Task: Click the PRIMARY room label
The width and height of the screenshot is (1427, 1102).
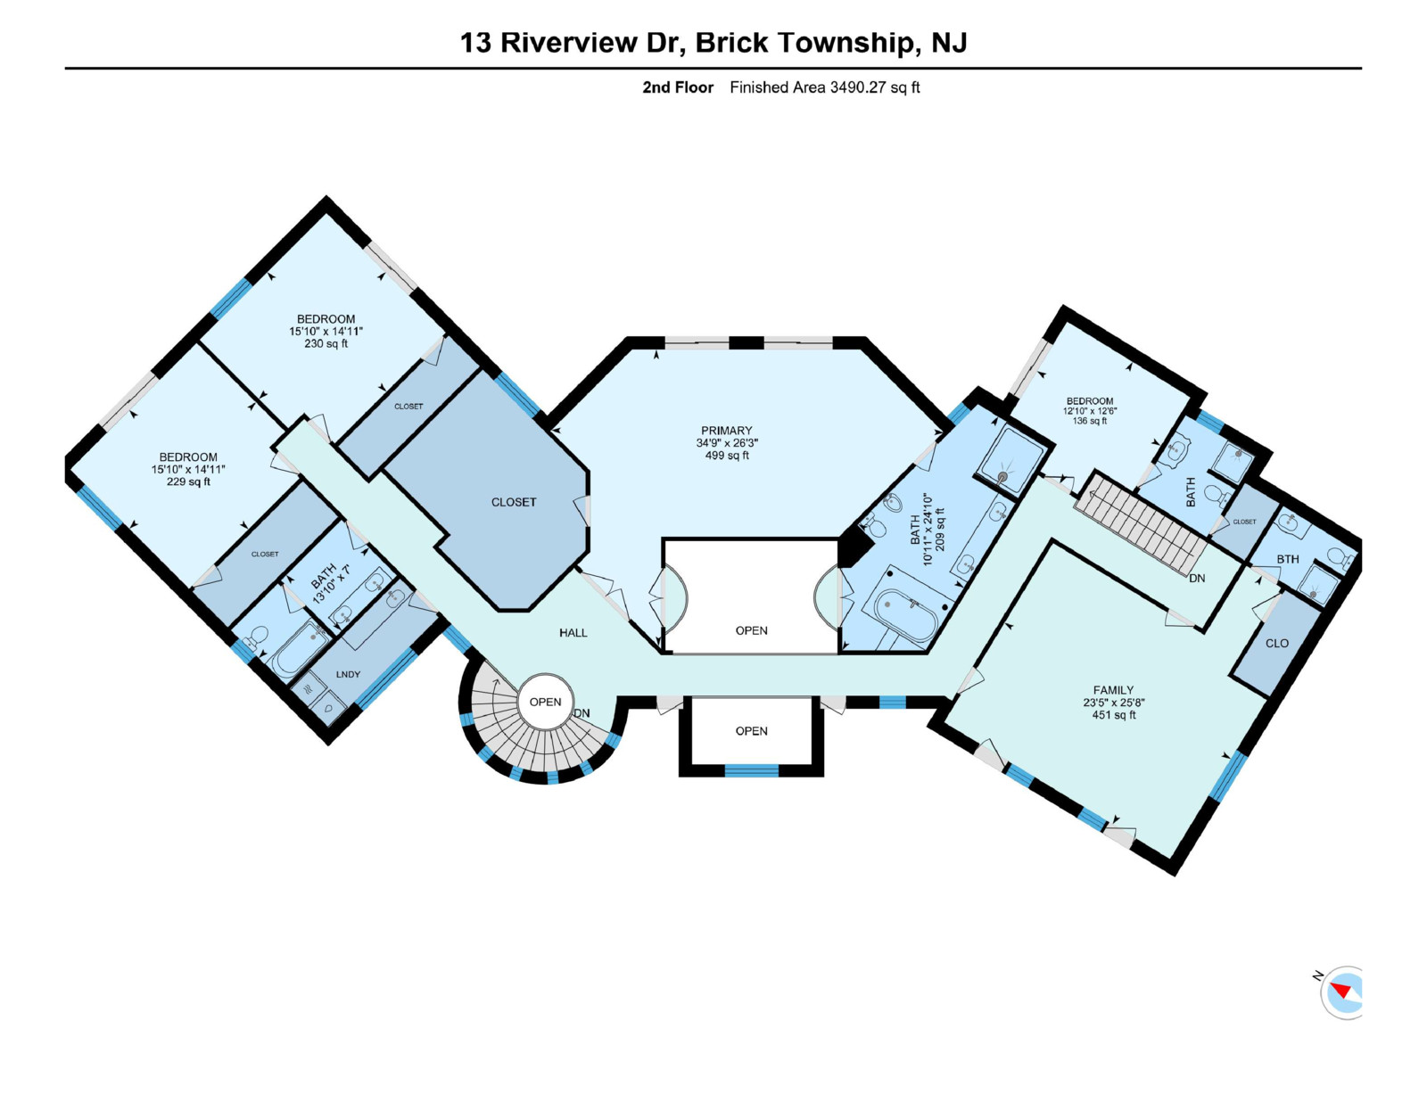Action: (726, 431)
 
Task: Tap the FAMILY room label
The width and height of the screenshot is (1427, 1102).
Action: (1113, 690)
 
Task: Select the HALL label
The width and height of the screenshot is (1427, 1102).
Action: (573, 633)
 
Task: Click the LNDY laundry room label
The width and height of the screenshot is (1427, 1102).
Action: (348, 675)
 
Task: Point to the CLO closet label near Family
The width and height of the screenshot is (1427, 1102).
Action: (1276, 643)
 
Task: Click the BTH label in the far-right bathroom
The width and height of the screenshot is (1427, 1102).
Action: (1287, 560)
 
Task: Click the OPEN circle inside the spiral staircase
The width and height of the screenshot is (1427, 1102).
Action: (545, 702)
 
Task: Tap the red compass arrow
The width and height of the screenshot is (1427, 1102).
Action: (1340, 991)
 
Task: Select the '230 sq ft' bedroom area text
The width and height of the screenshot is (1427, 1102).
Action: (326, 343)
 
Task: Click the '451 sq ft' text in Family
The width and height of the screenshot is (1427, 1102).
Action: (1113, 715)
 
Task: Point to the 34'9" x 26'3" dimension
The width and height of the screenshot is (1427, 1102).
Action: (726, 443)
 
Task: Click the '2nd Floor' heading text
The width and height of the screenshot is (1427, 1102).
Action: (678, 87)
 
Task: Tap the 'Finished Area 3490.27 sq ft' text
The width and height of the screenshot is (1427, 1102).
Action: (824, 87)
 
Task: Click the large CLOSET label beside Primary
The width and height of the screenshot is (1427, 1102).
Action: (514, 503)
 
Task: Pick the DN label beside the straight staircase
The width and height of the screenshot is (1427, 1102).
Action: (1197, 579)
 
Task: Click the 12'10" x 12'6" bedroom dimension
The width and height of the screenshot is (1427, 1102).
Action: (1089, 411)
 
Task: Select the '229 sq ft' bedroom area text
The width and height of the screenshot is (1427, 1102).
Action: (188, 481)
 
